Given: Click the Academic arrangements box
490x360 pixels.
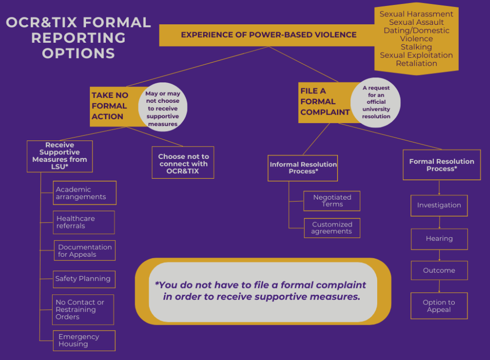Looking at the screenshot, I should (84, 193).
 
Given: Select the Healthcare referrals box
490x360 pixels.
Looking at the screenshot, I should (84, 222).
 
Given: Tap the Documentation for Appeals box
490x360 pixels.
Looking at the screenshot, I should (84, 251).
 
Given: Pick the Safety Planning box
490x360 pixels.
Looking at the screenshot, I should (84, 279).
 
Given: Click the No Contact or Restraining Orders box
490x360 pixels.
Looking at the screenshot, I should (83, 309).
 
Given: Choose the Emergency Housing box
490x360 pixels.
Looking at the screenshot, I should (84, 340).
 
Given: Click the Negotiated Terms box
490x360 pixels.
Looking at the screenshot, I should (331, 201).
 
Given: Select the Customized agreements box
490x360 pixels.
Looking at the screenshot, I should (331, 228).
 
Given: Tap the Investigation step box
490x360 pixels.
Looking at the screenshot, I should (439, 205).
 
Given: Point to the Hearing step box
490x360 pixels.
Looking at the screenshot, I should (439, 239).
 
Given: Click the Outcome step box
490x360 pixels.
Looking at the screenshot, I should (439, 271).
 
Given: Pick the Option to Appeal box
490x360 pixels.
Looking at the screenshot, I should (439, 306).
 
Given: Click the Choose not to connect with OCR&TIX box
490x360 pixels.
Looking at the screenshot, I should (183, 163).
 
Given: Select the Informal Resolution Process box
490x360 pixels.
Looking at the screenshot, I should (303, 168).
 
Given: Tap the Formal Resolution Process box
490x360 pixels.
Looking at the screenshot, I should (441, 165).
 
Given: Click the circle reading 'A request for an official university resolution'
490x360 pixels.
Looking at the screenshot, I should (376, 102).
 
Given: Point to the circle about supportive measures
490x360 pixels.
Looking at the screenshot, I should (163, 107).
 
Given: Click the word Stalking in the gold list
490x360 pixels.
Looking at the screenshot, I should (416, 47).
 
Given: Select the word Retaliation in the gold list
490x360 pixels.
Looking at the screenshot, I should (416, 63).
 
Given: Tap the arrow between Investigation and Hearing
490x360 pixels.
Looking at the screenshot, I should (439, 222).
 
